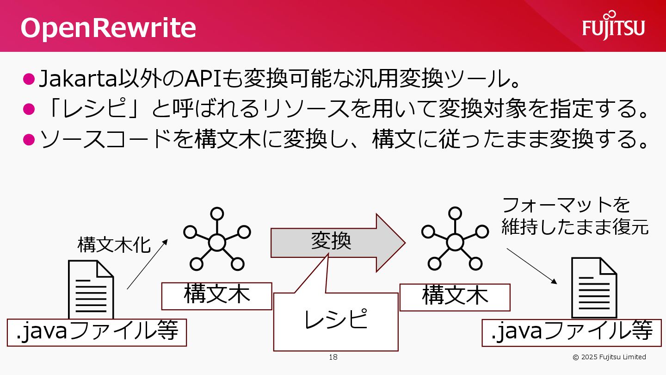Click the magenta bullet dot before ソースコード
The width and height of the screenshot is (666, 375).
(29, 139)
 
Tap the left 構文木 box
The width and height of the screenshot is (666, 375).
(216, 296)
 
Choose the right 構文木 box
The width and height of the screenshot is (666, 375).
(455, 297)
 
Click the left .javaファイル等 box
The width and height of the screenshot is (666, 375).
(97, 332)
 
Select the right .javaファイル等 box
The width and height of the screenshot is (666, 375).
(572, 332)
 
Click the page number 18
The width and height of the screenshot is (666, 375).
(333, 357)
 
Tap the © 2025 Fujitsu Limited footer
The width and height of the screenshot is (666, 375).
(609, 357)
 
